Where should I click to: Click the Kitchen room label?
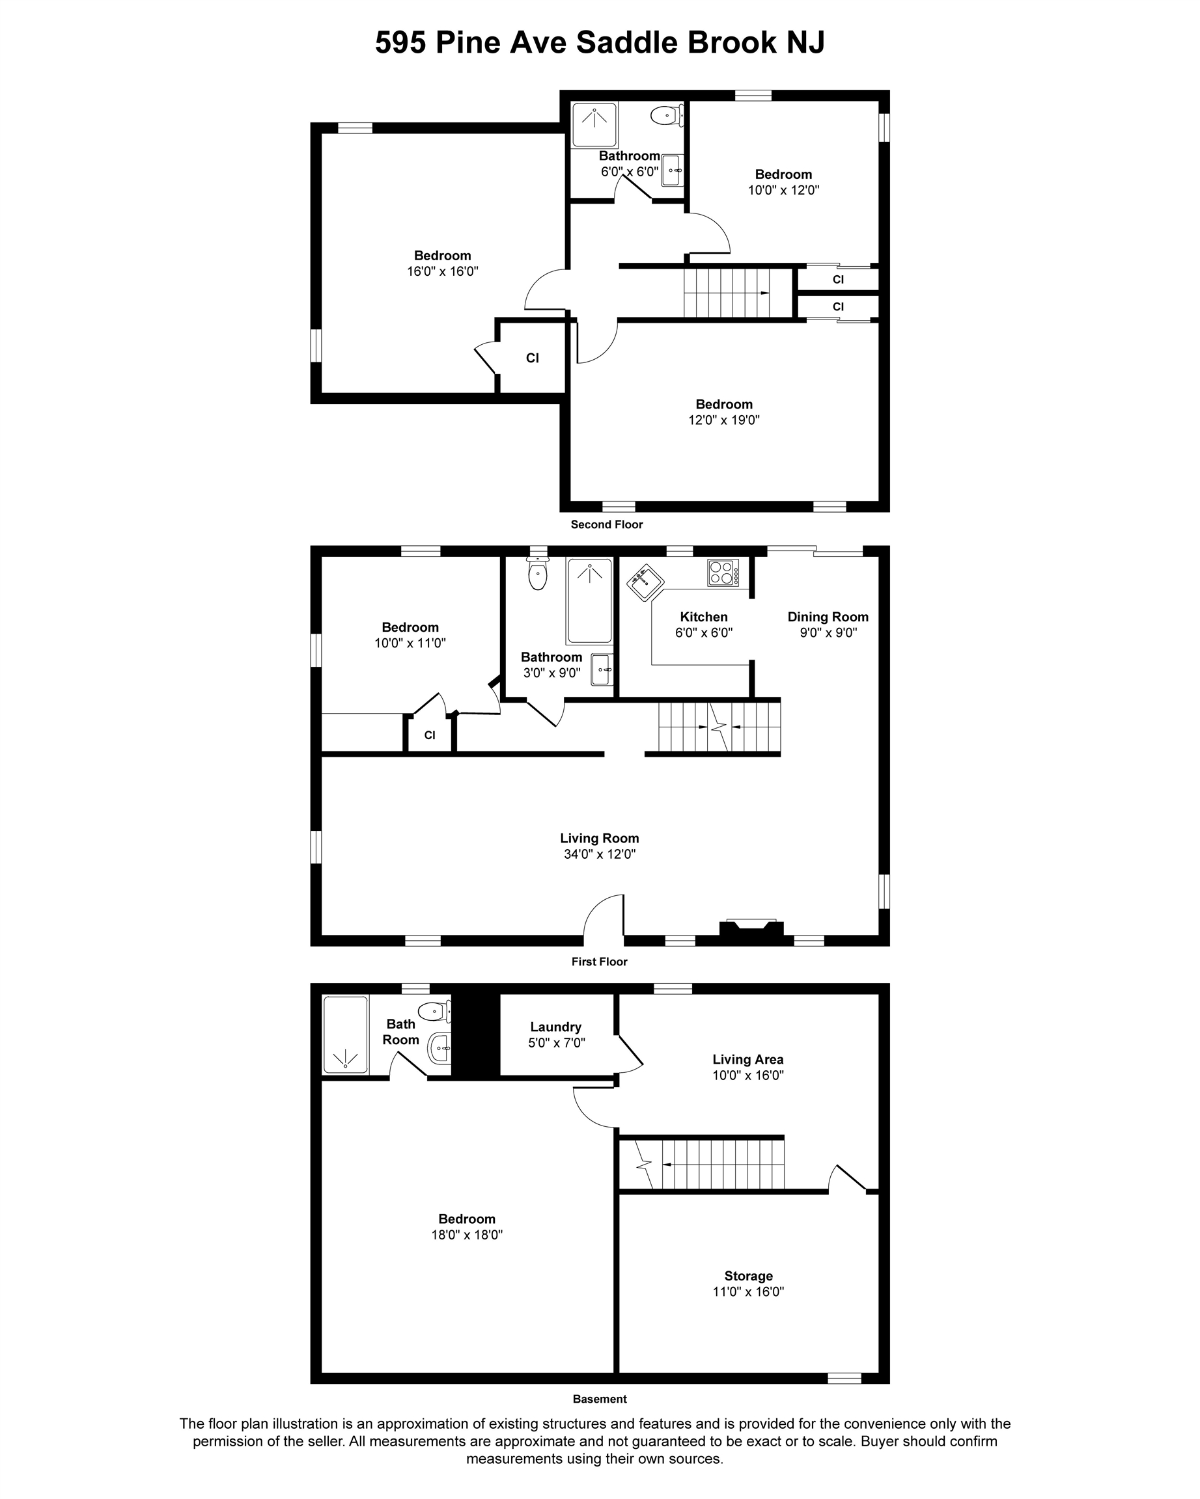(703, 617)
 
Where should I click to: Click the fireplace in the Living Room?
(751, 932)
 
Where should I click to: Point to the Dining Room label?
(828, 617)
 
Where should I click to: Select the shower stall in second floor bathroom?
(594, 125)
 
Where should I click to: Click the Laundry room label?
(555, 1027)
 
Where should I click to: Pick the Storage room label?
(749, 1276)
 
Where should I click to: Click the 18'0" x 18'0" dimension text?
(467, 1235)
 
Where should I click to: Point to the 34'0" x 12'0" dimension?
(600, 854)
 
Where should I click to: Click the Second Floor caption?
(607, 524)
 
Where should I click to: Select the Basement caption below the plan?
(600, 1399)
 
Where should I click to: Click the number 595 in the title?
(400, 42)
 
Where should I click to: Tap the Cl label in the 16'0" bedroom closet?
(532, 358)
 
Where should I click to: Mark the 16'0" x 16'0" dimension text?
(443, 271)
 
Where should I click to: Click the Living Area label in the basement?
(748, 1060)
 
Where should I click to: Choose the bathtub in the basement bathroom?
(345, 1034)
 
